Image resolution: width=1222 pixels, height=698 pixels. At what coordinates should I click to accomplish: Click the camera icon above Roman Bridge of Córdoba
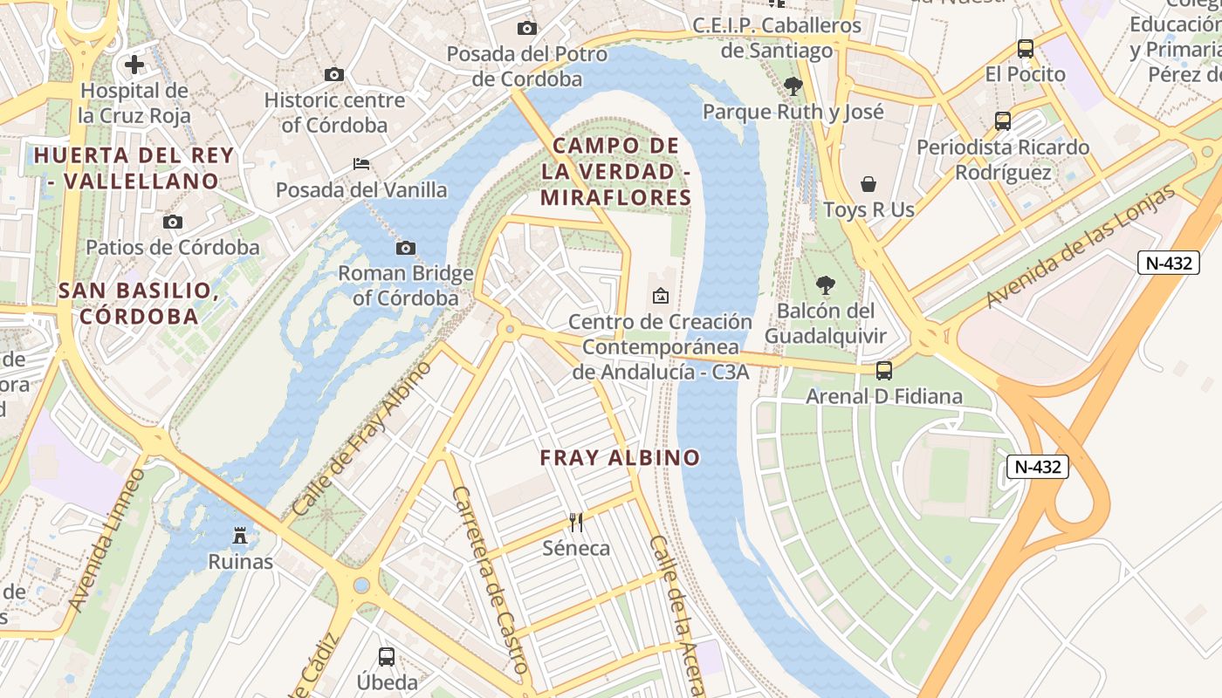(x=406, y=249)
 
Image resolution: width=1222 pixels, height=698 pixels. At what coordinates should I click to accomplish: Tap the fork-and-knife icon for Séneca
(x=576, y=523)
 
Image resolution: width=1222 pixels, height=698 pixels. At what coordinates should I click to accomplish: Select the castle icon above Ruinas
(x=240, y=536)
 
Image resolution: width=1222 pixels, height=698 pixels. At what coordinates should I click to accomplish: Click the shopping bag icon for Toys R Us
(x=868, y=184)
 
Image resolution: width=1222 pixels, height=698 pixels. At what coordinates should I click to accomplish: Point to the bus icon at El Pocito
(x=1026, y=49)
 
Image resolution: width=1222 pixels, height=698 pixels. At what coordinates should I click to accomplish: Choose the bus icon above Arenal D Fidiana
(x=884, y=371)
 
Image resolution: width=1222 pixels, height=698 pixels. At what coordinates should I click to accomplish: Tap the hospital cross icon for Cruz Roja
(x=134, y=65)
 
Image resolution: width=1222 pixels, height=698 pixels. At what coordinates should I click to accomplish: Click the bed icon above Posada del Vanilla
(x=360, y=164)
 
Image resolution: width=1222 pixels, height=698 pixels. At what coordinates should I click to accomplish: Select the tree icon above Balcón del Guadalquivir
(x=825, y=285)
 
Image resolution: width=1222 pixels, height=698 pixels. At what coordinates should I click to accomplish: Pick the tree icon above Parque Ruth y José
(x=793, y=86)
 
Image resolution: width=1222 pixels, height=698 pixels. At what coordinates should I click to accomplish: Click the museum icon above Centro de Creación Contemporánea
(x=661, y=296)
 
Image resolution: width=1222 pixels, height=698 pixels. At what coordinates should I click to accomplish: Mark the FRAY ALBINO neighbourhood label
(x=620, y=457)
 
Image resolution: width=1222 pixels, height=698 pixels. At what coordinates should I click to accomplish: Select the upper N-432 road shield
(x=1168, y=263)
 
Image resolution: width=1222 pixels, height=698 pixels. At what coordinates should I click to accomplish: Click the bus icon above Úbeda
(x=387, y=656)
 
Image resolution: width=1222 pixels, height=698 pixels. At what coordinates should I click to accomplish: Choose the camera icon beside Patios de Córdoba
(x=173, y=222)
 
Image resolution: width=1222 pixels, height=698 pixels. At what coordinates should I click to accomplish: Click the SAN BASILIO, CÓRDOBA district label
(x=139, y=303)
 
